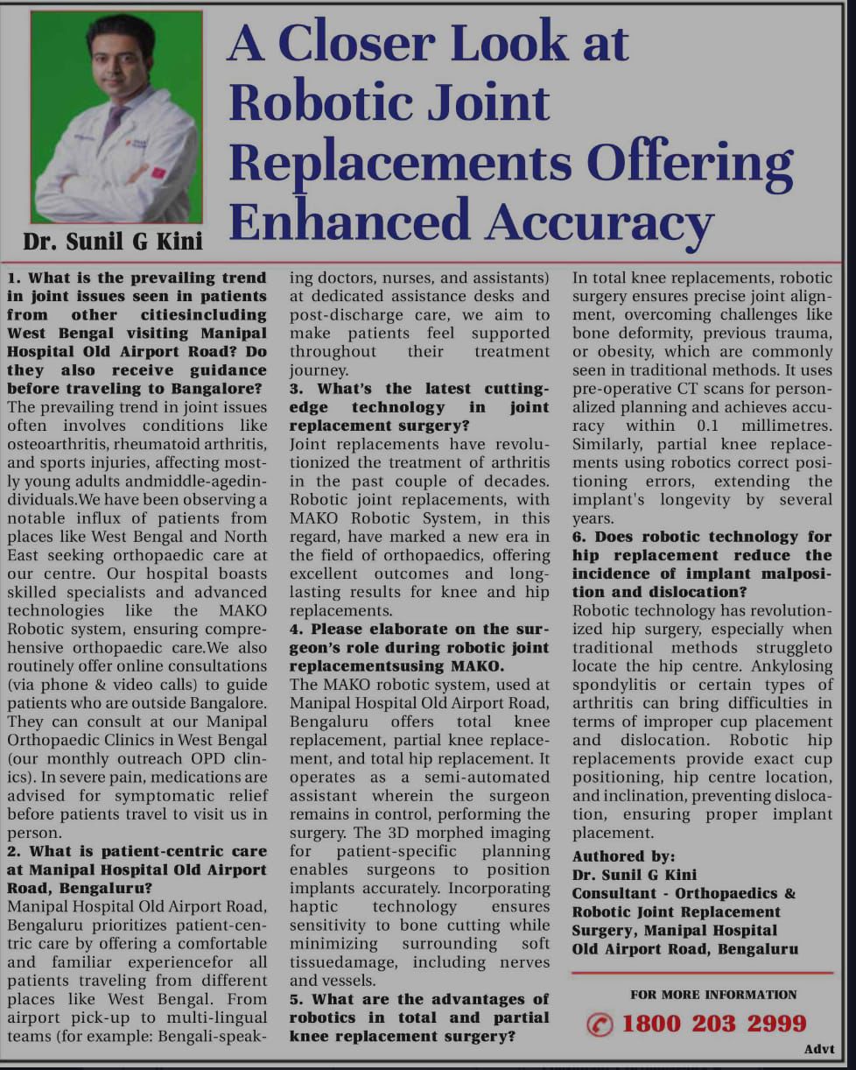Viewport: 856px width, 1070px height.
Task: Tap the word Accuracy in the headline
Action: pos(600,222)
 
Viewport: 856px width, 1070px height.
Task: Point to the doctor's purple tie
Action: pos(115,123)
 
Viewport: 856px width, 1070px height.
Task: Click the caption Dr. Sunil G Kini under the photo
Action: pos(113,240)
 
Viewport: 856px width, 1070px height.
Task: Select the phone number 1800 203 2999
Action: pos(714,1023)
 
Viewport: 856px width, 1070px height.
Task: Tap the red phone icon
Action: pos(600,1024)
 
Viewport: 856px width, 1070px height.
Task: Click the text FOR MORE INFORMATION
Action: pos(713,994)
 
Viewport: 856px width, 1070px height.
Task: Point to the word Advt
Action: pos(818,1049)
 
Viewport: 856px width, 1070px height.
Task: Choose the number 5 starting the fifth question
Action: pos(295,999)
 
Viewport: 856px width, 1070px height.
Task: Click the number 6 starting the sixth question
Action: pos(578,537)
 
